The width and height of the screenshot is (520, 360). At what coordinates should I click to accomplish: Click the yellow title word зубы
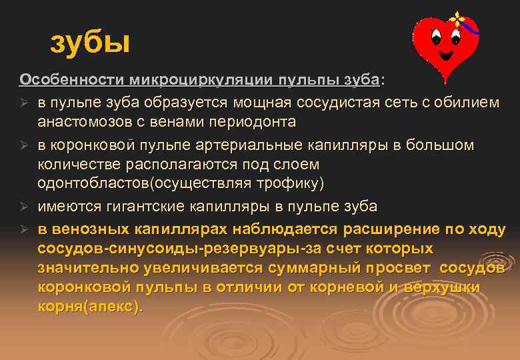(x=90, y=43)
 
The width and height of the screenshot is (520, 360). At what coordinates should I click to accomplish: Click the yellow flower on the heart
(x=457, y=17)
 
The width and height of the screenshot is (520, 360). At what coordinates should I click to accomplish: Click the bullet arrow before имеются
(x=24, y=207)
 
